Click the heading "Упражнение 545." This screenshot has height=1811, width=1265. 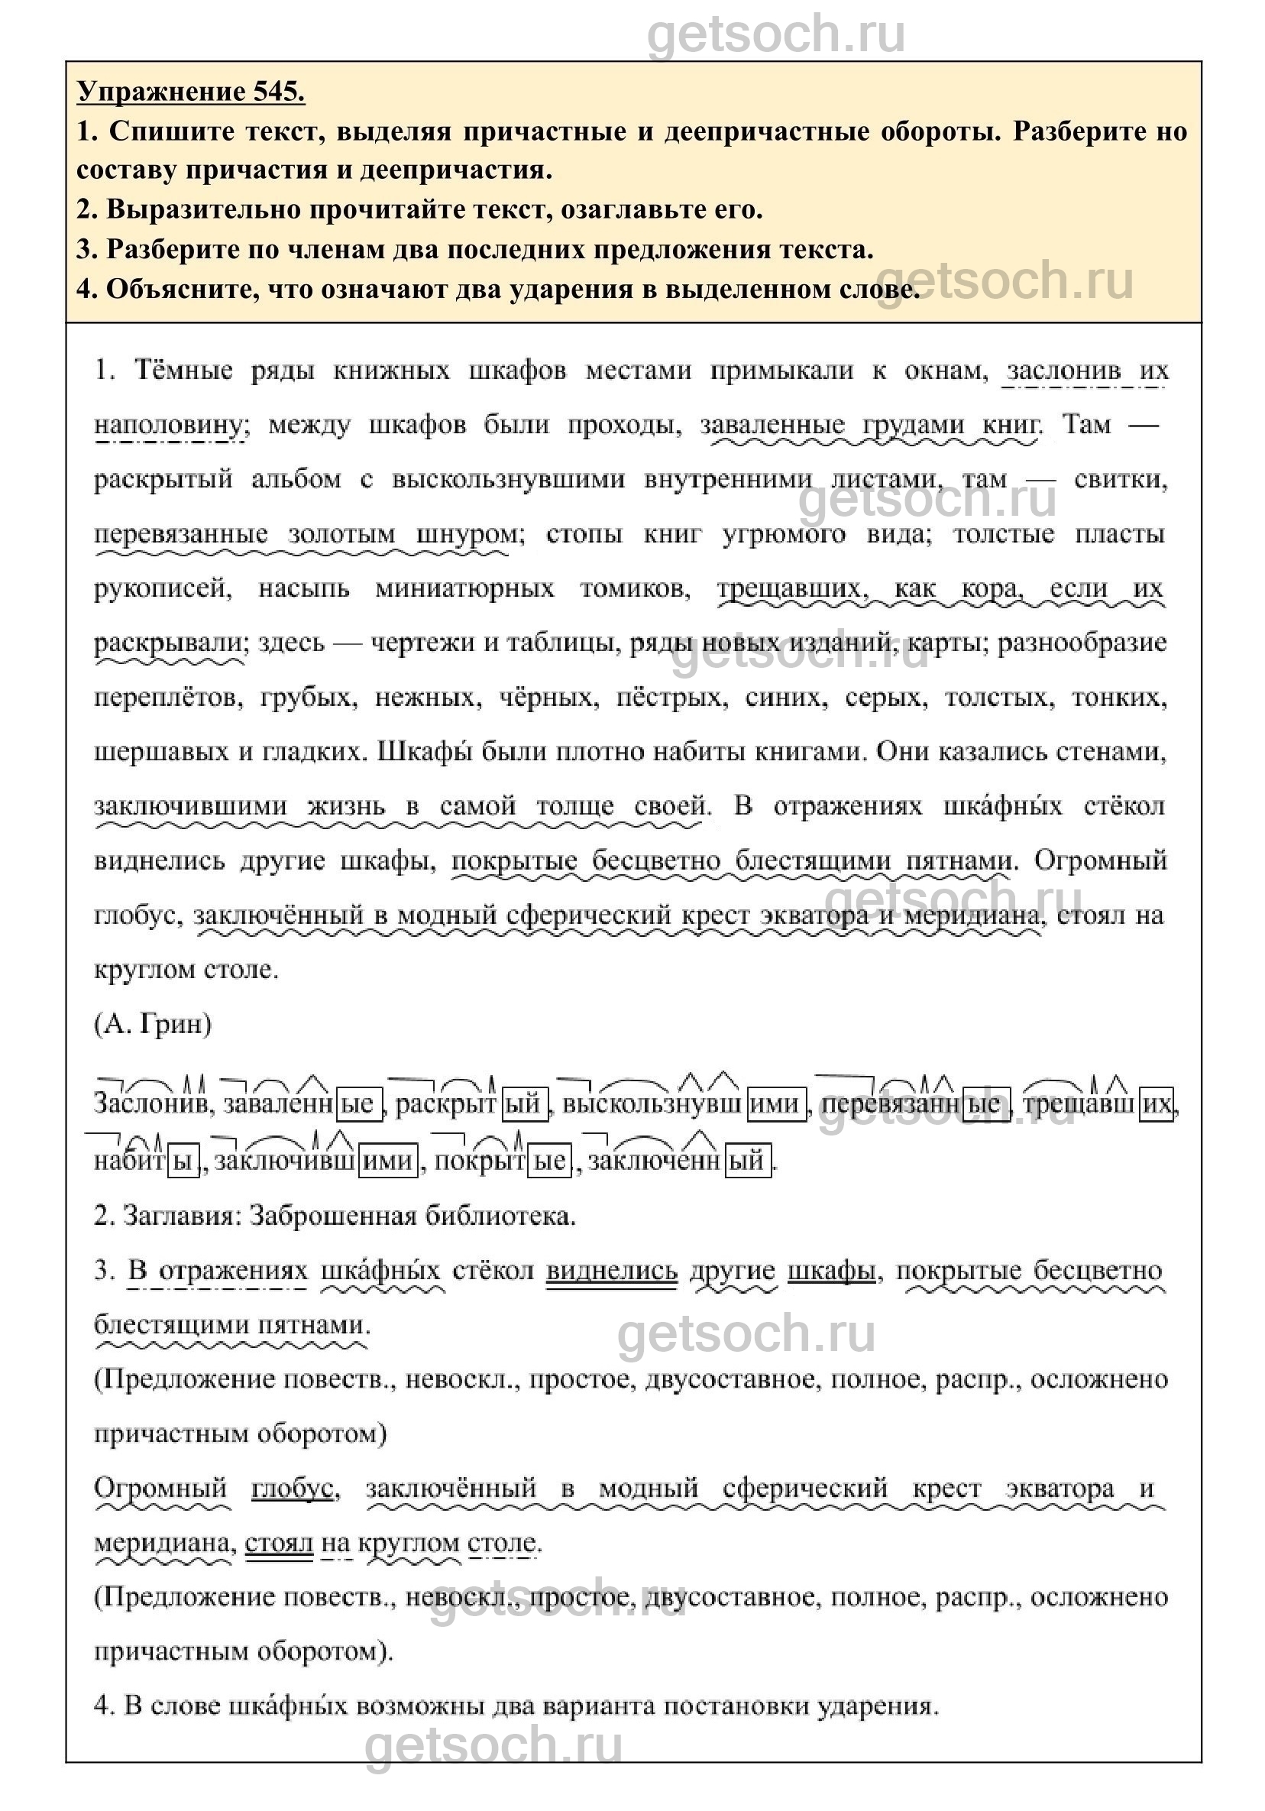(x=191, y=92)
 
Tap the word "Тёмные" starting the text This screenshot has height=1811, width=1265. (x=184, y=370)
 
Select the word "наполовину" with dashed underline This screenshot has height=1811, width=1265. (x=168, y=425)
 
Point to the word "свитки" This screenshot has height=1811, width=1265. (x=1120, y=480)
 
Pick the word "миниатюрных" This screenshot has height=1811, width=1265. (x=464, y=588)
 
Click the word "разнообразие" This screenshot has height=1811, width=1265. (x=1082, y=643)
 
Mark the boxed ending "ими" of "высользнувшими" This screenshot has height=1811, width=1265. (x=777, y=1103)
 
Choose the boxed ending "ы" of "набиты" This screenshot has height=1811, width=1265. (x=183, y=1161)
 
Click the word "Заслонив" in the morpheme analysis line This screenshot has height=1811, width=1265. (x=150, y=1103)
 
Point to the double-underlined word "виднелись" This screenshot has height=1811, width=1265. (x=611, y=1271)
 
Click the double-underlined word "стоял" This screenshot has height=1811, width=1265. (x=278, y=1543)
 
